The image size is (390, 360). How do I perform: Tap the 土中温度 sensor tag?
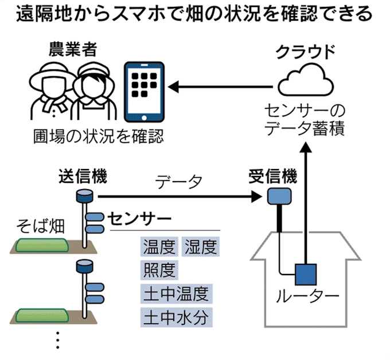click(x=175, y=293)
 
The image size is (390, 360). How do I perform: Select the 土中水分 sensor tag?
click(x=175, y=316)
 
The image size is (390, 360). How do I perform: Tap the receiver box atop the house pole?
click(x=280, y=197)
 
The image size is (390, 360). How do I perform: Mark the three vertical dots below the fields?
click(x=58, y=339)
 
